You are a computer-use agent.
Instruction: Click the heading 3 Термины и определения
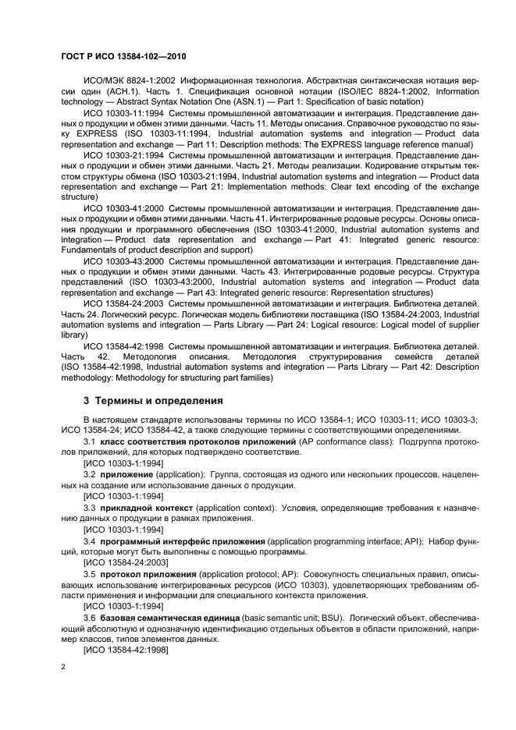[x=153, y=401]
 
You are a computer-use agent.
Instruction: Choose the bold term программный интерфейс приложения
[x=182, y=540]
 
